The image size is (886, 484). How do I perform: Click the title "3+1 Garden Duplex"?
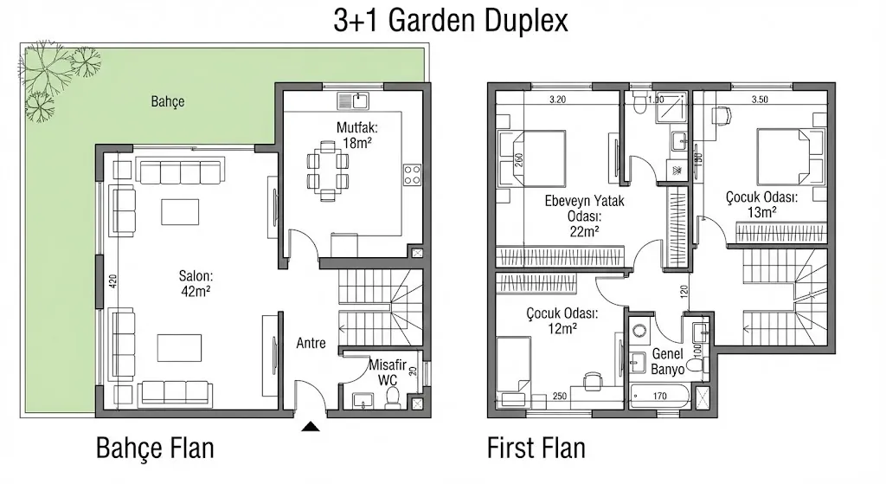coord(450,21)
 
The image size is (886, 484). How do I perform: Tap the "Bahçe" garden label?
coord(167,102)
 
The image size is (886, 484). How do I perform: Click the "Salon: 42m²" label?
coord(196,283)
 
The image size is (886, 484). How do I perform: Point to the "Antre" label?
coord(311,343)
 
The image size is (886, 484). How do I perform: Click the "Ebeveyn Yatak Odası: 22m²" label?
coord(572,216)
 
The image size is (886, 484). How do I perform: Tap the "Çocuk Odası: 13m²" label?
coord(761,203)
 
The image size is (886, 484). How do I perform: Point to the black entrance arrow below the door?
coord(311,425)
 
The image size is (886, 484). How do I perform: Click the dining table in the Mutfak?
coord(329,171)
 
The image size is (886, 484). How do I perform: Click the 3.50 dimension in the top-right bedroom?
coord(761,100)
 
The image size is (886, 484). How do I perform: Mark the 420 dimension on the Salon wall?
coord(112,281)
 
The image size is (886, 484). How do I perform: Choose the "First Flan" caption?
coord(536,449)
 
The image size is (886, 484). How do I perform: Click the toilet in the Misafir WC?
coord(393,397)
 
